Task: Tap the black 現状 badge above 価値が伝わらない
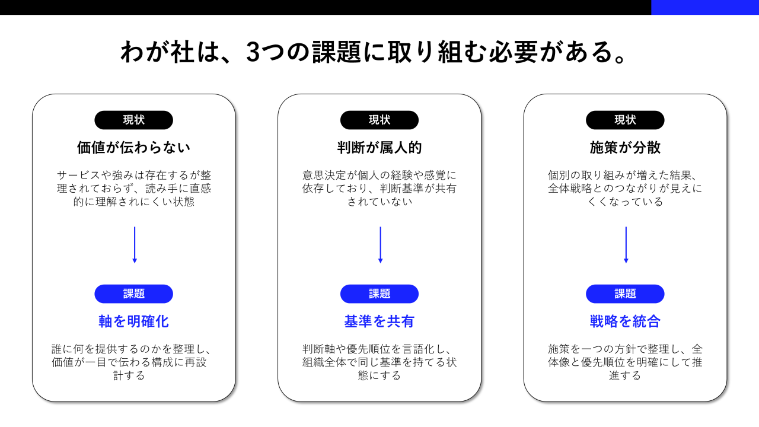point(133,120)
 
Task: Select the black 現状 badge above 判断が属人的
point(379,120)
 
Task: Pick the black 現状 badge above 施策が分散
point(625,120)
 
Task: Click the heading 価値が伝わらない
point(133,147)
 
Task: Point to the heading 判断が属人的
point(379,147)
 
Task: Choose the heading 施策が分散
point(625,147)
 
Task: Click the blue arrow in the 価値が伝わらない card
point(135,244)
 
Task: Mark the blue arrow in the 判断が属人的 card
point(380,244)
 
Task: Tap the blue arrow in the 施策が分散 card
point(626,244)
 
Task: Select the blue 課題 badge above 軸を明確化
point(133,294)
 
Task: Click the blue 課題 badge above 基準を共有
point(379,294)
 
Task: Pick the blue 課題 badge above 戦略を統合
point(625,294)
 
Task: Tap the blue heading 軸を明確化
point(133,321)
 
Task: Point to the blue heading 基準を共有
point(379,321)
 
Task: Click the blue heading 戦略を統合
point(625,321)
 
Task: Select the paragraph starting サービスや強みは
point(133,189)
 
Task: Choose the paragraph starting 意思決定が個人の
point(379,189)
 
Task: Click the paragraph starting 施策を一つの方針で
point(625,362)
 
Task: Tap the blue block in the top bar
point(704,7)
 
